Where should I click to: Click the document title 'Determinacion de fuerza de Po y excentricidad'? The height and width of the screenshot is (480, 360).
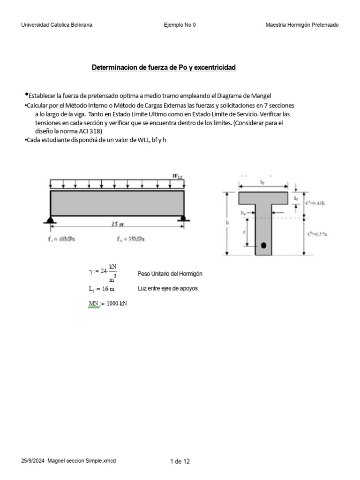(x=163, y=68)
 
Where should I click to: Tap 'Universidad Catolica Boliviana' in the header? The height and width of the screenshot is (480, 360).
(x=57, y=25)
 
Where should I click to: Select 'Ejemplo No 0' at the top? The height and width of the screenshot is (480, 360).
(x=180, y=25)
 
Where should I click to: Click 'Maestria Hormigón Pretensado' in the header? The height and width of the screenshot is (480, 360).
(x=302, y=25)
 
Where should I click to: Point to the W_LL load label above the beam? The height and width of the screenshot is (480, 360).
(x=177, y=176)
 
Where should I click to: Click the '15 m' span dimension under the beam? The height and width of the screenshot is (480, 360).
(x=117, y=225)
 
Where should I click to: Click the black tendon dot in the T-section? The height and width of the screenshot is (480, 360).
(x=263, y=245)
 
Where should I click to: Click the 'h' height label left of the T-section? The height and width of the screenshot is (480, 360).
(x=227, y=223)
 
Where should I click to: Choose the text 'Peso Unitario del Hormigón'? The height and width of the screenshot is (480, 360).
(x=170, y=274)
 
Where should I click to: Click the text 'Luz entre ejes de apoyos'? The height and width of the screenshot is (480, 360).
(x=167, y=288)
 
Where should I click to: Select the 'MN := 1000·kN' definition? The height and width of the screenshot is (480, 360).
(x=108, y=303)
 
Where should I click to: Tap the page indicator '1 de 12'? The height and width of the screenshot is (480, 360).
(x=180, y=462)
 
